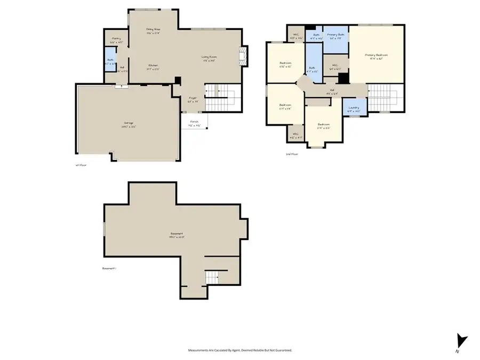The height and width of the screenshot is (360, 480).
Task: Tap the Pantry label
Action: (116, 39)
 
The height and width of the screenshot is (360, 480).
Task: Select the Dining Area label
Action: (153, 29)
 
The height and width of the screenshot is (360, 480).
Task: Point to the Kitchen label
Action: (153, 66)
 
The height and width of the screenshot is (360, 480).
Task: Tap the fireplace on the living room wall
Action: (243, 56)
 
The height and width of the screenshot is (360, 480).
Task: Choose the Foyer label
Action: (193, 98)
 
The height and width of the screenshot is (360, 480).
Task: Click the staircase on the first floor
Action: (220, 98)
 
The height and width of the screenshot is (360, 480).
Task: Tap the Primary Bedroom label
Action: (376, 55)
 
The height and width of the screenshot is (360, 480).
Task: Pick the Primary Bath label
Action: (336, 35)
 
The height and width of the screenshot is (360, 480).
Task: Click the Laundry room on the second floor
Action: (354, 108)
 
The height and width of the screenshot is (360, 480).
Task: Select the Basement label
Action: (177, 234)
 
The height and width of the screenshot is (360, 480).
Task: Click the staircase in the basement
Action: (212, 277)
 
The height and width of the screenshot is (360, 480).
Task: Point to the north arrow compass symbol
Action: (461, 341)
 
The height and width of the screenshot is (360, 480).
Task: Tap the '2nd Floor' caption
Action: (292, 154)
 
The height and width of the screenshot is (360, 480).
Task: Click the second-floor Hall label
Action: (331, 91)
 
